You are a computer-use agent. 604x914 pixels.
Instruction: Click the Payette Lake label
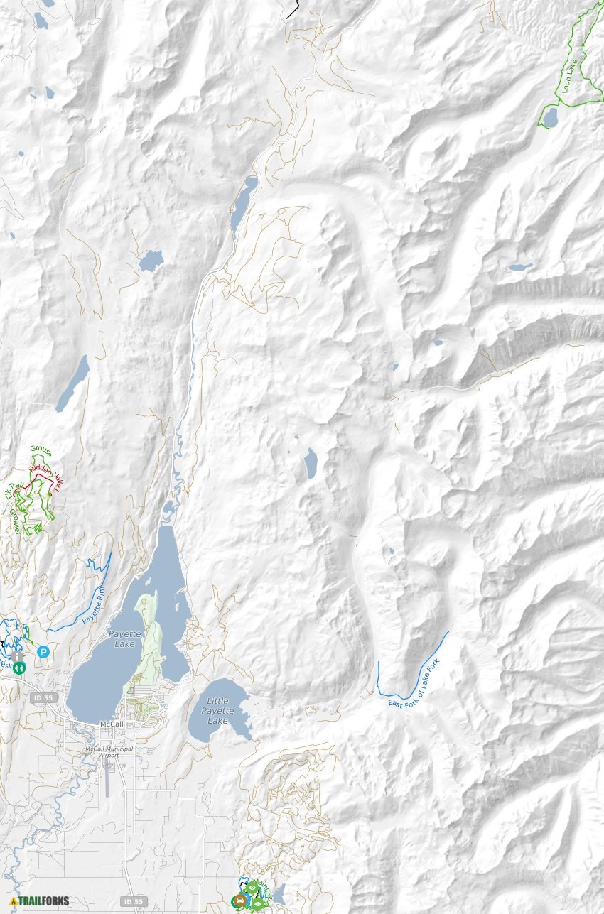tap(126, 637)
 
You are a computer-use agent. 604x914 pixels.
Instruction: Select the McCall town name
tap(112, 724)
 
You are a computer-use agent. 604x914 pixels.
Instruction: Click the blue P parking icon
tap(43, 651)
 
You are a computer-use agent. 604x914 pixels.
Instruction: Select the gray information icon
tap(16, 656)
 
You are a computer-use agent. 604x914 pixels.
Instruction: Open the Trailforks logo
tap(39, 901)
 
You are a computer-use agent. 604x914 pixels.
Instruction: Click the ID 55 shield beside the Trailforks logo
tap(132, 901)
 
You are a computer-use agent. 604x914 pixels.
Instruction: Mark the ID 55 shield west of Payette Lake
tap(43, 698)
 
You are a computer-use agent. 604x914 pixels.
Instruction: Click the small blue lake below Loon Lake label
tap(549, 118)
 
